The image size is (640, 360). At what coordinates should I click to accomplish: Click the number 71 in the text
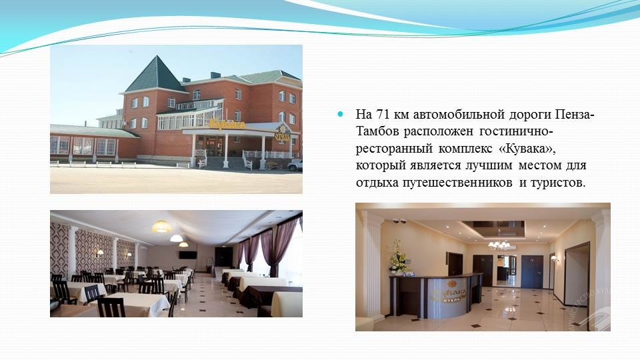point(383,114)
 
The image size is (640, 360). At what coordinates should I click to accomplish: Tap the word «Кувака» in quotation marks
point(527,149)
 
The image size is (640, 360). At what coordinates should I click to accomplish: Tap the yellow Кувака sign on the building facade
point(227,125)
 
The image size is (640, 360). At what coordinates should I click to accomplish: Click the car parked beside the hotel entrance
point(295,165)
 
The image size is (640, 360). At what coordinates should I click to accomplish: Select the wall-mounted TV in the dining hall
point(188,255)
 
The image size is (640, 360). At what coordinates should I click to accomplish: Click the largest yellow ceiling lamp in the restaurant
point(161,227)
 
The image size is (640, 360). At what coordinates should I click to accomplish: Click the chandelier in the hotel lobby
point(499,245)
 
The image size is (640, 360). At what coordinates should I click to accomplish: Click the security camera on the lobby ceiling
point(399,221)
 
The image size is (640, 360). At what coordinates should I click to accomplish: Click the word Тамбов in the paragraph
point(377,131)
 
